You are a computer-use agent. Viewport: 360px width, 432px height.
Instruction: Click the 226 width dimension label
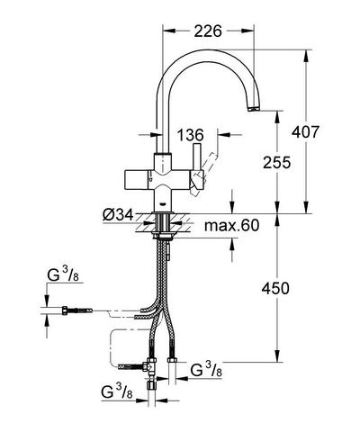(208, 31)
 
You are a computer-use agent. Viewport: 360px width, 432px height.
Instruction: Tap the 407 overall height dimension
(306, 132)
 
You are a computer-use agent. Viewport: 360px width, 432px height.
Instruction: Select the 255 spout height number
(277, 162)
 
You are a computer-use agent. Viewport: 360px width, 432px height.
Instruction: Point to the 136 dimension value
(190, 135)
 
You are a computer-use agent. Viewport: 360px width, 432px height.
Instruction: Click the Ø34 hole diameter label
(117, 215)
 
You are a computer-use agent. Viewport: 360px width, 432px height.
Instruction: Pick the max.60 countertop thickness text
(231, 225)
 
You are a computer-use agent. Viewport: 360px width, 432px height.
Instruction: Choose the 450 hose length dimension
(275, 289)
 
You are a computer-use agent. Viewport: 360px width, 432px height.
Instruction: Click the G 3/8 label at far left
(63, 275)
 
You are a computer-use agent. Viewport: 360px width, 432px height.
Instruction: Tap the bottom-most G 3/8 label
(117, 392)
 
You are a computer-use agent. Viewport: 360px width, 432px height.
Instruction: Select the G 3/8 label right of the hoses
(206, 371)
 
